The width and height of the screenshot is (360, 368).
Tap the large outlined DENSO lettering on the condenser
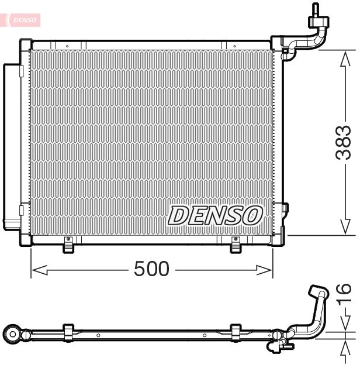click(x=214, y=215)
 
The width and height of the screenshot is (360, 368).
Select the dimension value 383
click(x=344, y=143)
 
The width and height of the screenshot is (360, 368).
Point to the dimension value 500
click(x=151, y=269)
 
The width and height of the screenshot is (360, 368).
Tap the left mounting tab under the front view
click(x=69, y=246)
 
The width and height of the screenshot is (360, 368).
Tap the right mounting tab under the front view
click(x=236, y=246)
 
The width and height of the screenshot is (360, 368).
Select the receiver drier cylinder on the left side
click(x=11, y=146)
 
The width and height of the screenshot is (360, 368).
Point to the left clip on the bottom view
click(x=68, y=332)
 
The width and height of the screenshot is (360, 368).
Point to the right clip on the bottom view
click(x=236, y=331)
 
